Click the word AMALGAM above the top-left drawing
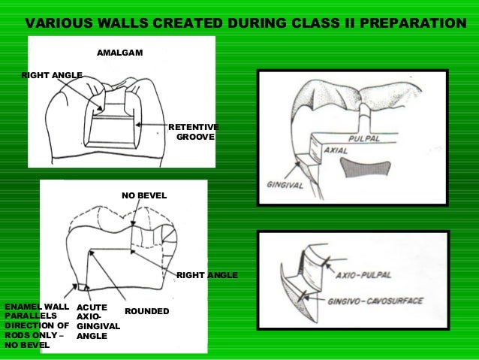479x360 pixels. tap(119, 53)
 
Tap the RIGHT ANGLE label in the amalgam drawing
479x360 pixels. tap(52, 75)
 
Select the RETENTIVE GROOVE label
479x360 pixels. tap(193, 132)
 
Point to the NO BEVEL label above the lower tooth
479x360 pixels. tap(144, 195)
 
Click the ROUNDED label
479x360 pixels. tap(146, 311)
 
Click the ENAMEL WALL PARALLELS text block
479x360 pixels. tap(37, 325)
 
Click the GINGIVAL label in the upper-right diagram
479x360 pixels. tap(285, 184)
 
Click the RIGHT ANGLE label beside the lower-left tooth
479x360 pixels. tap(206, 276)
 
